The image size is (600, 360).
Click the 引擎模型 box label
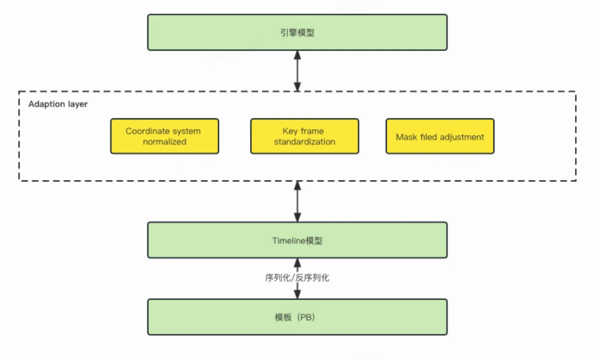[297, 33]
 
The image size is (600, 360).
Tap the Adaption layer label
[58, 104]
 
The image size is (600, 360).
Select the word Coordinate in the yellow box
[145, 131]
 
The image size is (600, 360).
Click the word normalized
[164, 142]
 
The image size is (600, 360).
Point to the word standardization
[304, 142]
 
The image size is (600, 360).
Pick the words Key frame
[303, 131]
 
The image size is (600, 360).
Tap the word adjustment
[461, 137]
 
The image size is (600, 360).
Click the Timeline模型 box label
[297, 241]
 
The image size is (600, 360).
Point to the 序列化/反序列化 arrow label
[297, 278]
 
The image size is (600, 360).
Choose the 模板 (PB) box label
[294, 318]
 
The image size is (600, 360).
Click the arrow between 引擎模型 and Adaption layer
[297, 71]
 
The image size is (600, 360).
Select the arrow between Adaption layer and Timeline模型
[297, 202]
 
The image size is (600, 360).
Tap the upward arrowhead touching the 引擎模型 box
[297, 54]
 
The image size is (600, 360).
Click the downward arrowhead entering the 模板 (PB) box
[297, 294]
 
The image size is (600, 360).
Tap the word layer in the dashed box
[78, 104]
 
